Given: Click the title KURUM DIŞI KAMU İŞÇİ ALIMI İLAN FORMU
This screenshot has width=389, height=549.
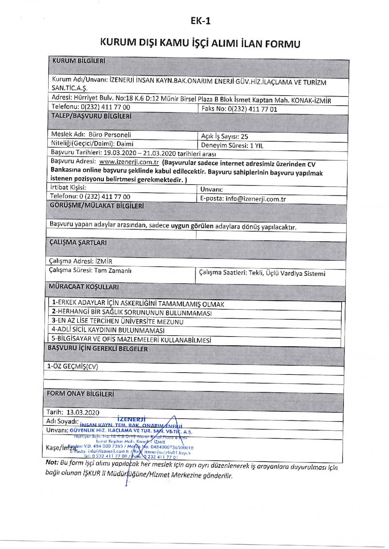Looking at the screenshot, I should tap(200, 42).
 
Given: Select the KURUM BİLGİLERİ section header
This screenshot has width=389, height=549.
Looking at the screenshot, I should tap(79, 61).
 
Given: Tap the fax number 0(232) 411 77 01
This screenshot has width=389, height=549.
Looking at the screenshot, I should tap(252, 109).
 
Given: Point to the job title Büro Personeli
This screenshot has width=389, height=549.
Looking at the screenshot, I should tap(110, 135).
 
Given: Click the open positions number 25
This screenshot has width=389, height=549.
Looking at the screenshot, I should tap(244, 136).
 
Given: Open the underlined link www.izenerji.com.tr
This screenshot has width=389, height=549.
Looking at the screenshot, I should tap(129, 162).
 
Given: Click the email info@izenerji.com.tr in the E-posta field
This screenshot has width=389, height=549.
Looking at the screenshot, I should tap(256, 199).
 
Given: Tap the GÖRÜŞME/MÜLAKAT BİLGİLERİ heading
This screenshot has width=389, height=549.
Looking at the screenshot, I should tap(97, 206).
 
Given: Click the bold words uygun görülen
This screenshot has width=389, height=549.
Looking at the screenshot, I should tap(192, 226).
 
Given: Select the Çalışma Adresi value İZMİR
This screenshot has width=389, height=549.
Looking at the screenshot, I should tap(104, 261).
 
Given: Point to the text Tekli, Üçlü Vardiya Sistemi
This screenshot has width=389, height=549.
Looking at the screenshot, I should tap(286, 274).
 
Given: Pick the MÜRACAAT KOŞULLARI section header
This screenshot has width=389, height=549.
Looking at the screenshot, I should tap(84, 287).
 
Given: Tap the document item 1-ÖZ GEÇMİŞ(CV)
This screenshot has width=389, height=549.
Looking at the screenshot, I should tap(73, 366).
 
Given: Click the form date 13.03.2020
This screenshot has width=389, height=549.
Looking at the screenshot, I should tap(83, 413).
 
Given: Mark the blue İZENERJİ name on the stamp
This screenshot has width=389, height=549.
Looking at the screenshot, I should tap(131, 420).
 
